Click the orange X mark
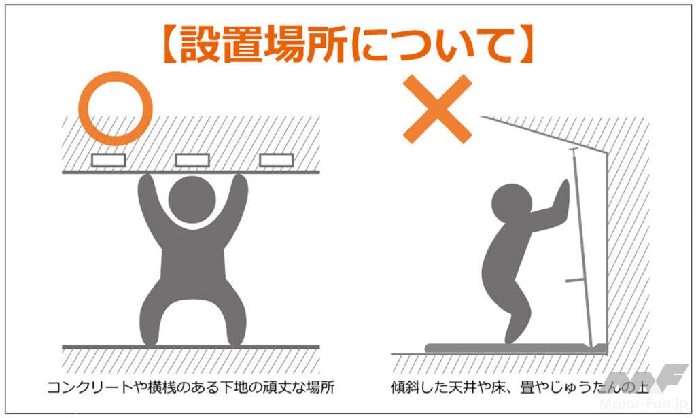(x=437, y=109)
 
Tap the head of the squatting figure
(x=192, y=199)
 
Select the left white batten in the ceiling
(x=108, y=160)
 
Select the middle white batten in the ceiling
(x=192, y=160)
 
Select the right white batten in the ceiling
(x=276, y=160)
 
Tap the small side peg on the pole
(x=575, y=281)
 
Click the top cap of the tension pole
(x=574, y=149)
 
